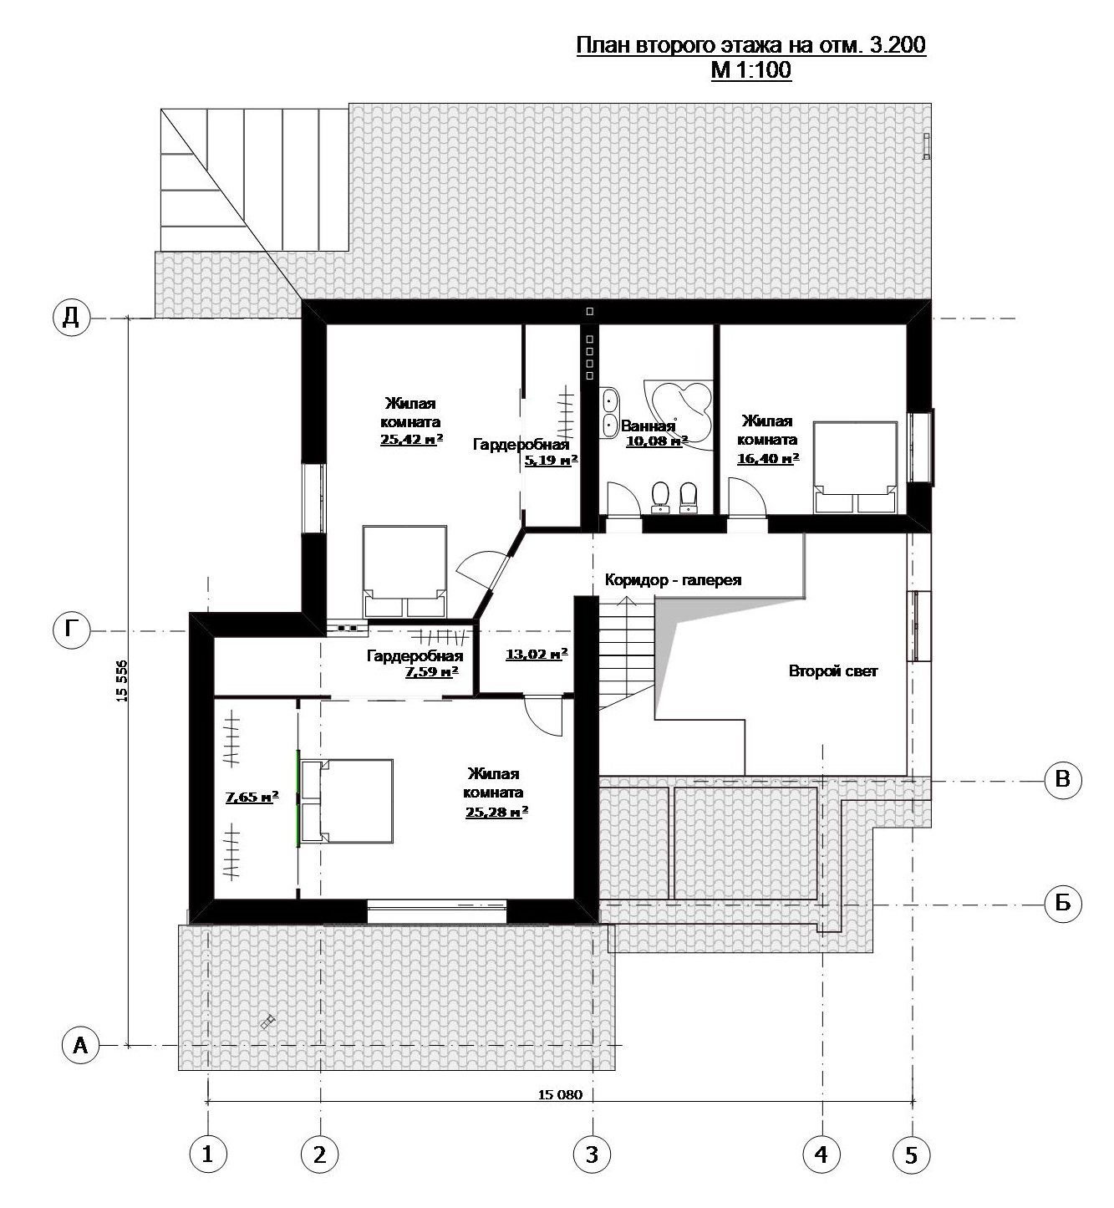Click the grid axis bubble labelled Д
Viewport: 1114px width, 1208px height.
click(71, 317)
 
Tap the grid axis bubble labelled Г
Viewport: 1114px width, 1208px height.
click(71, 630)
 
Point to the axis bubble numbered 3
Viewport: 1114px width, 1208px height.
click(593, 1154)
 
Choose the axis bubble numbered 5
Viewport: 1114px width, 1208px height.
click(911, 1154)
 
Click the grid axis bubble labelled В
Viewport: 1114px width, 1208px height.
click(1062, 779)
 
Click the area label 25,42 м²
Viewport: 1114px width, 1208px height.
click(412, 439)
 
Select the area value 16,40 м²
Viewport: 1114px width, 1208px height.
click(768, 458)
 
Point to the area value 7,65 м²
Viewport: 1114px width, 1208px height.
click(252, 796)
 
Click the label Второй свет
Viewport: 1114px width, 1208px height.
click(833, 671)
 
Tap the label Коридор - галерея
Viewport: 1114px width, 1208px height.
click(673, 579)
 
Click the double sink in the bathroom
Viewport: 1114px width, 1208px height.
click(610, 412)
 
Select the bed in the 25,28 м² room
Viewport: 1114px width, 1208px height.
click(347, 800)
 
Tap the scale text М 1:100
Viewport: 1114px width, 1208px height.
click(751, 70)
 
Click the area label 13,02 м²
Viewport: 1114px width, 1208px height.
click(537, 655)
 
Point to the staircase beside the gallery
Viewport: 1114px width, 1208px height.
click(627, 653)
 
